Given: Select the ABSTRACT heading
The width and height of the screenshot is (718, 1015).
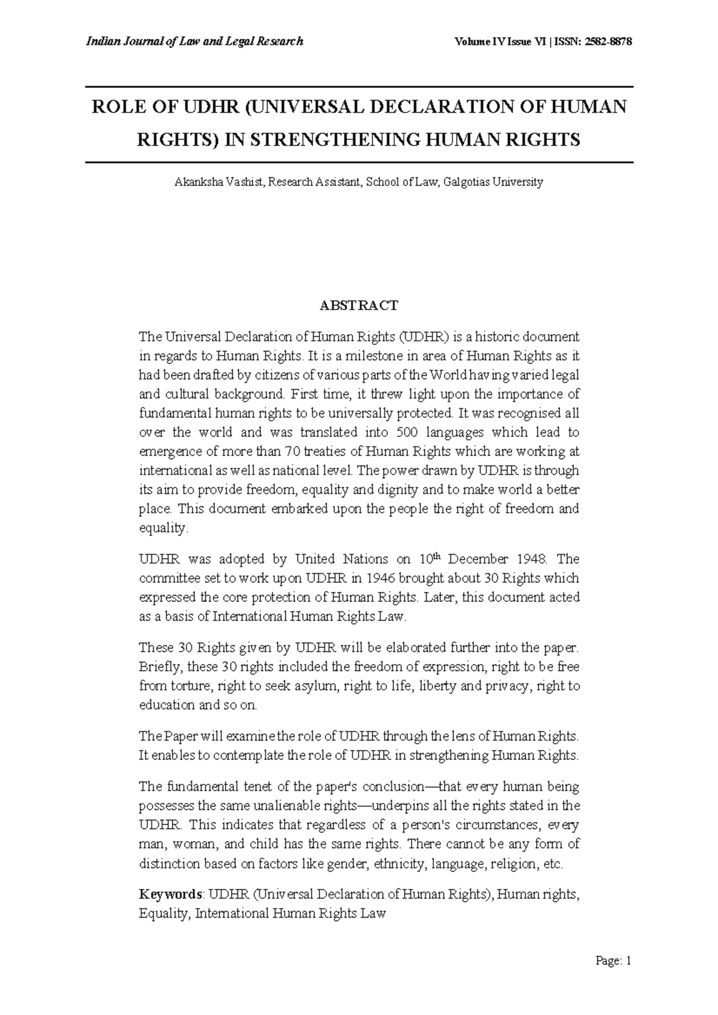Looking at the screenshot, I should pyautogui.click(x=358, y=306).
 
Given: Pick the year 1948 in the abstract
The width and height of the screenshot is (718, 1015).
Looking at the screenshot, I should pyautogui.click(x=528, y=560).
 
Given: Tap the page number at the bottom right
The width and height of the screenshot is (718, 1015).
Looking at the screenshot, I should pyautogui.click(x=613, y=962).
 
